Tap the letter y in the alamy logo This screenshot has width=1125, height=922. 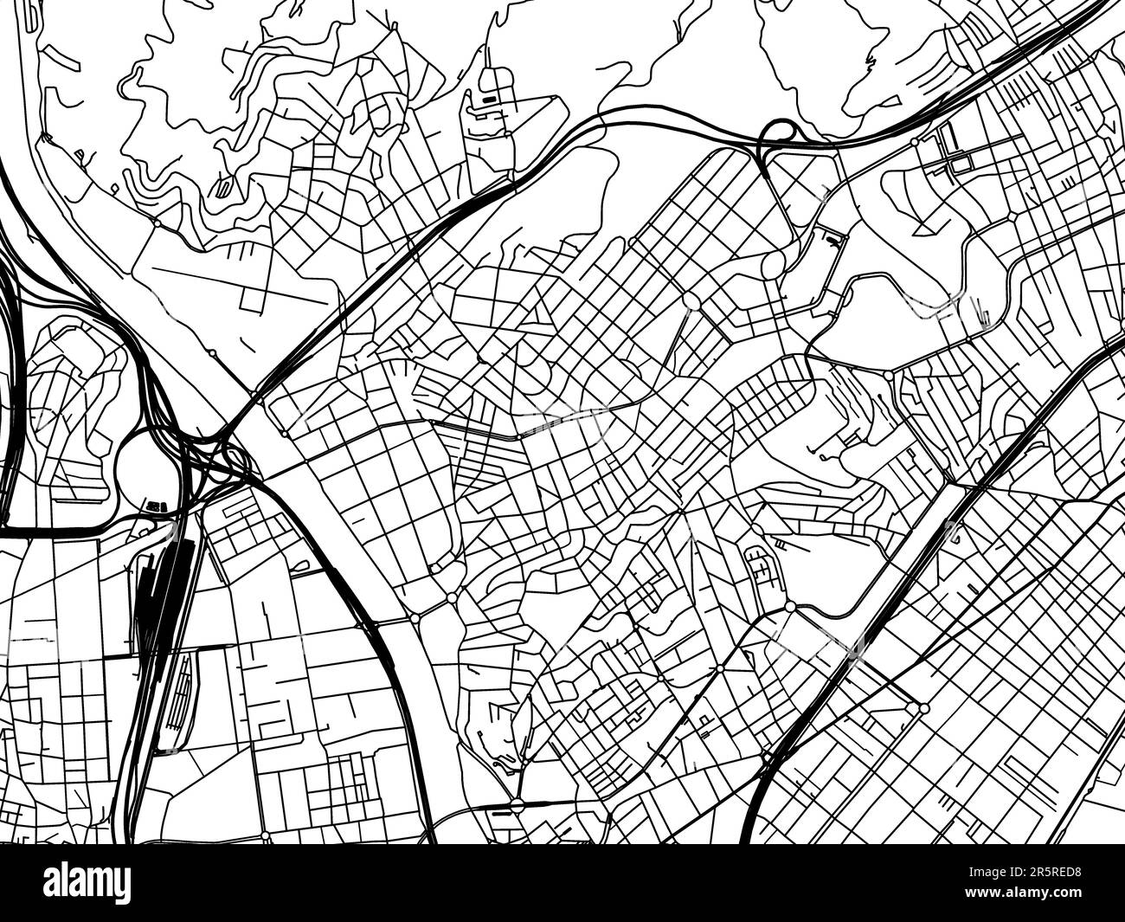click(121, 885)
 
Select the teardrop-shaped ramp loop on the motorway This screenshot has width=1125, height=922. click(777, 134)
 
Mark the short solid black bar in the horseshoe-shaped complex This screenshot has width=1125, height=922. click(489, 100)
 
